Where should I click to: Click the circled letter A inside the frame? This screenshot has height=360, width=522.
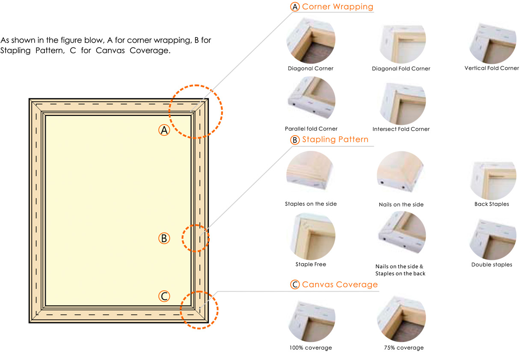(x=164, y=130)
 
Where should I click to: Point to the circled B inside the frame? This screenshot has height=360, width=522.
(x=164, y=238)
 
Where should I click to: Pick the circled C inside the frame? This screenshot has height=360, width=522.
(x=164, y=296)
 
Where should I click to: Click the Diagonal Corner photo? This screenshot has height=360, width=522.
(x=311, y=40)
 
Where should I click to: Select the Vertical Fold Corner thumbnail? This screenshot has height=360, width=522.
(x=492, y=43)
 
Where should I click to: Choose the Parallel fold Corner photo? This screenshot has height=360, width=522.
(x=311, y=98)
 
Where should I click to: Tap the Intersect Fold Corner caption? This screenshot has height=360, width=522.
(x=401, y=129)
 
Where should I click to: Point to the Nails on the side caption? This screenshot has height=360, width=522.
(x=401, y=204)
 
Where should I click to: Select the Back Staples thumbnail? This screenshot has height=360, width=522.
(x=492, y=181)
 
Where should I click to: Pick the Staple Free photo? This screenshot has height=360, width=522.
(x=312, y=236)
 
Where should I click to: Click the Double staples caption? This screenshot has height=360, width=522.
(x=492, y=265)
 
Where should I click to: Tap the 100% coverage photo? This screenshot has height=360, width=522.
(x=311, y=322)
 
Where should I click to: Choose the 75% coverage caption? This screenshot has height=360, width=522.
(x=404, y=348)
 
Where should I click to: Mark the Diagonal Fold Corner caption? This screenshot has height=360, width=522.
(x=401, y=68)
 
